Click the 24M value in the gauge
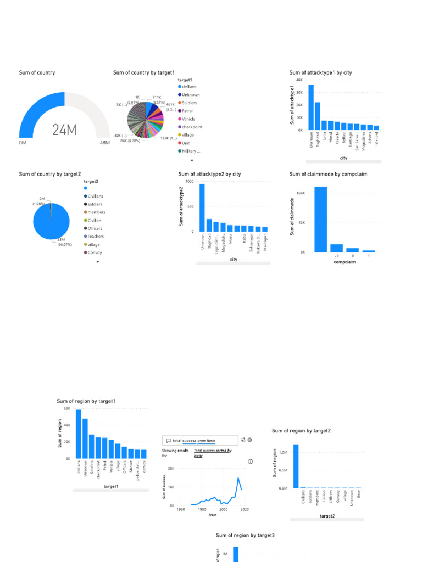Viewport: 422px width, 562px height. [64, 130]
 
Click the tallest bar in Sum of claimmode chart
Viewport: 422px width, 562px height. [320, 219]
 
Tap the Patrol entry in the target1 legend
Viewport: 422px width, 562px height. [188, 111]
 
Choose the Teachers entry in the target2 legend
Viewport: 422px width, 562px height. [96, 237]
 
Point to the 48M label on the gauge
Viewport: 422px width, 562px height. [105, 143]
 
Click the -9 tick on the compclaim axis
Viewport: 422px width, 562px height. [336, 256]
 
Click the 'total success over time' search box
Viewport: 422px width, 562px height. [201, 440]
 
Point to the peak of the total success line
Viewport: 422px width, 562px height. [238, 478]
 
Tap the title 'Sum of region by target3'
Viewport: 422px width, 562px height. [245, 535]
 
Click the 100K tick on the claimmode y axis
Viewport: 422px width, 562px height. [301, 193]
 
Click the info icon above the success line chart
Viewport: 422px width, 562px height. [251, 462]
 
